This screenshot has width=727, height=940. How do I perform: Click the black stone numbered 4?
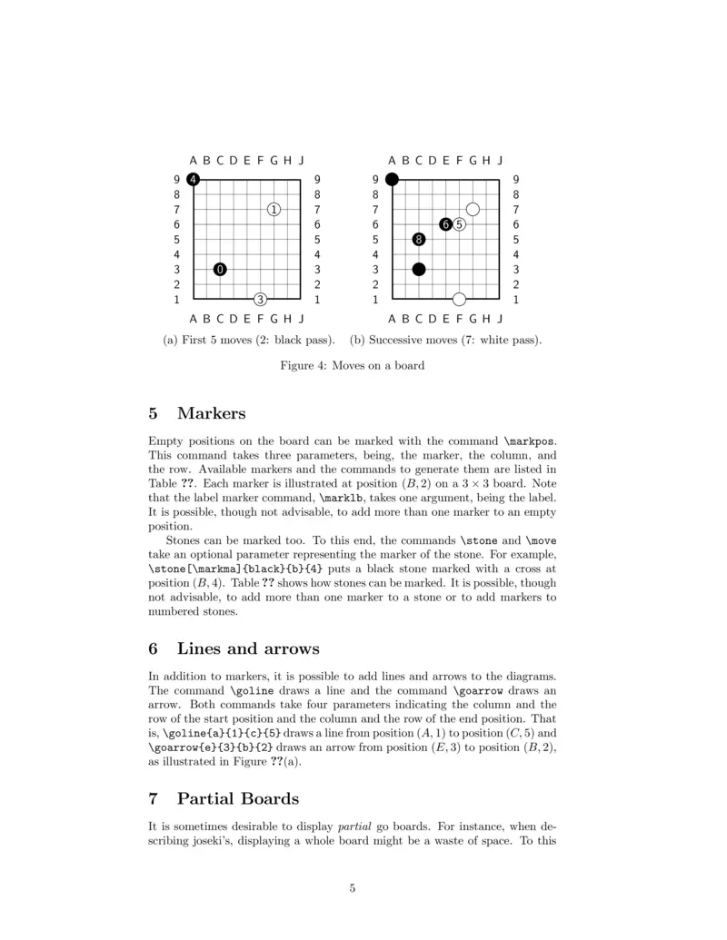pos(194,180)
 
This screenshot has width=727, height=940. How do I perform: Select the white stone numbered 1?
pos(274,210)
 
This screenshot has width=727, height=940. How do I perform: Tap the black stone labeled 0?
pos(221,269)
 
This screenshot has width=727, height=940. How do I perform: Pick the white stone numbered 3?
pos(261,299)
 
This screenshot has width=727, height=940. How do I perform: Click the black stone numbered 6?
pos(445,224)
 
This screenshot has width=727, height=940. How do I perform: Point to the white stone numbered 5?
pos(459,224)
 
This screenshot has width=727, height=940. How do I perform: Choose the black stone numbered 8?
pos(418,240)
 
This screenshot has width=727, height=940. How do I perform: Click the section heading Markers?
pos(211,414)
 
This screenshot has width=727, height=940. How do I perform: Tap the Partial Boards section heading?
pos(237,799)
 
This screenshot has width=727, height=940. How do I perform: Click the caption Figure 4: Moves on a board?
pos(352,366)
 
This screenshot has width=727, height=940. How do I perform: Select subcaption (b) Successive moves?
pos(446,341)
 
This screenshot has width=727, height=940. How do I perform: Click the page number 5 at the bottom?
pos(352,888)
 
